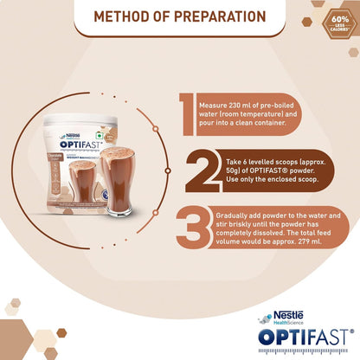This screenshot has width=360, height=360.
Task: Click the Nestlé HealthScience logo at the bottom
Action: [x=290, y=319]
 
